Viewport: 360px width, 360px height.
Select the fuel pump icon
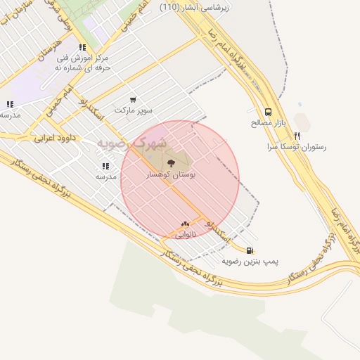[250, 250]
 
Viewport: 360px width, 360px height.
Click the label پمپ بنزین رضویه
[250, 261]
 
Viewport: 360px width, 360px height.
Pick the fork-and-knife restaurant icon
[297, 136]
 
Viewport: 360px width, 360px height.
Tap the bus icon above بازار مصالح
[268, 112]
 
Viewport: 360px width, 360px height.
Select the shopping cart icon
[133, 100]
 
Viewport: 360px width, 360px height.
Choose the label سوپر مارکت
[133, 110]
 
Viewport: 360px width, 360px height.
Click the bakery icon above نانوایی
[185, 224]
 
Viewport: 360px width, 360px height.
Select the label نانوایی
[185, 234]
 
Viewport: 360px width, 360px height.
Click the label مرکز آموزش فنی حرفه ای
[83, 63]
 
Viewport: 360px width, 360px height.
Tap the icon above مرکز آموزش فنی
[83, 47]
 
